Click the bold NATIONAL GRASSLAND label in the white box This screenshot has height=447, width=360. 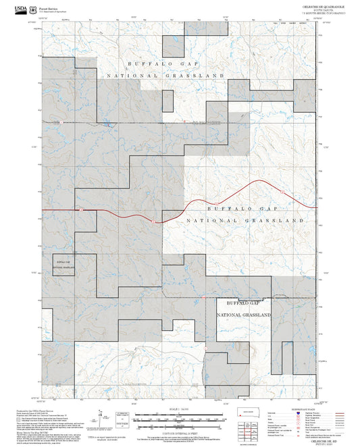coord(245,315)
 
